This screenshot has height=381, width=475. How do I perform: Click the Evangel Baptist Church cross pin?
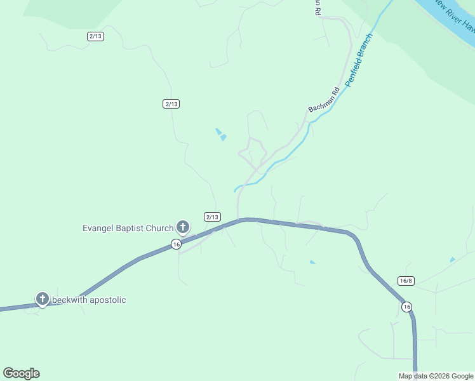[x=183, y=227]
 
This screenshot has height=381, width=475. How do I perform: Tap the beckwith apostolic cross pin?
[x=43, y=298]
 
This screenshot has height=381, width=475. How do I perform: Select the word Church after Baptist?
[x=159, y=229]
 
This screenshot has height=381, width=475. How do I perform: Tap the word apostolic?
[x=109, y=300]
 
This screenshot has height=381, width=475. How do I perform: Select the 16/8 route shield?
[x=406, y=281]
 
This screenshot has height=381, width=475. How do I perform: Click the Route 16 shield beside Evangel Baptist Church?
[x=177, y=244]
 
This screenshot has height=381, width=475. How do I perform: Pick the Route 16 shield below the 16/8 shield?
[x=406, y=307]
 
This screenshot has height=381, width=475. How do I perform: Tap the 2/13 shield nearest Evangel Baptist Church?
[x=212, y=217]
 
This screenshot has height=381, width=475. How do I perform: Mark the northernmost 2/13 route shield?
[x=95, y=36]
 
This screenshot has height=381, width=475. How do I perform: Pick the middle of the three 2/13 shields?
[x=171, y=104]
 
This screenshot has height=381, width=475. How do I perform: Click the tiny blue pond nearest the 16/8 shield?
[x=452, y=259]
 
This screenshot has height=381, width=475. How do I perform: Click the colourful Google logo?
[x=21, y=373]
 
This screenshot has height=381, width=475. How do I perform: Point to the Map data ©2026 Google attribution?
[x=436, y=376]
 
